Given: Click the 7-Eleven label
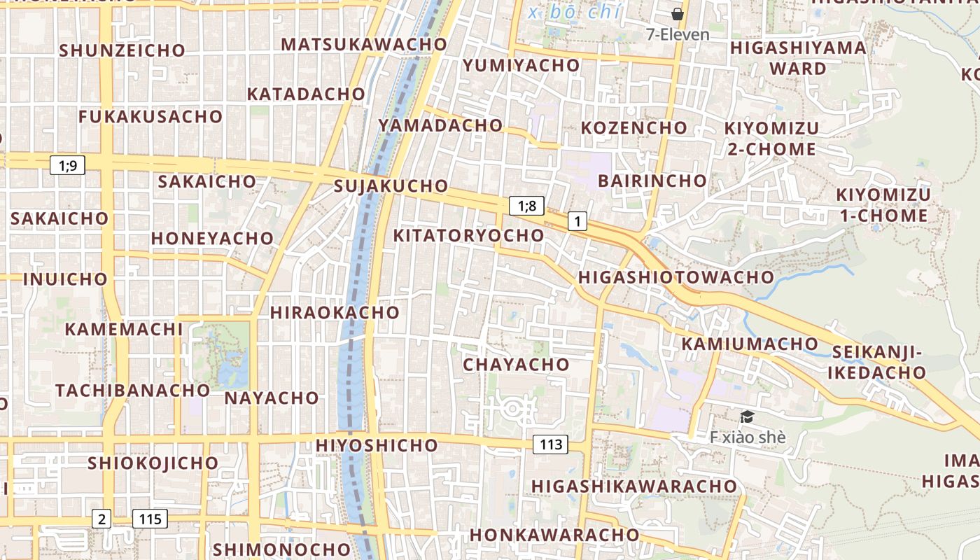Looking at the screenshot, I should [678, 34].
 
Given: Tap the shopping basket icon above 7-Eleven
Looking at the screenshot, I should [677, 13].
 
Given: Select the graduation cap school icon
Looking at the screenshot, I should [747, 417].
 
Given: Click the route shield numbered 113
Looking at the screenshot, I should [551, 444].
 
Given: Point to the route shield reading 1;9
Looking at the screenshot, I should [68, 165].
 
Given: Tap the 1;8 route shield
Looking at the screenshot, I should [526, 205].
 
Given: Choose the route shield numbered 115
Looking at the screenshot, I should [150, 519].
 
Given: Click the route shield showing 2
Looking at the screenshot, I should [102, 519].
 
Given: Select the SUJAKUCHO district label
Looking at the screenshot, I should [391, 186].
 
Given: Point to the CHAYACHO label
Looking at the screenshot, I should [517, 365].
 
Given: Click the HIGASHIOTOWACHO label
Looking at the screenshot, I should [676, 277].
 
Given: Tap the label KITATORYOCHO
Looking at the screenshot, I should [468, 235].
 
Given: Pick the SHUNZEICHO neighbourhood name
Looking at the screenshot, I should [122, 50].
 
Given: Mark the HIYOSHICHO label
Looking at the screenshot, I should [377, 445].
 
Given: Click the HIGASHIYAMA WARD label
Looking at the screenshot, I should [798, 58].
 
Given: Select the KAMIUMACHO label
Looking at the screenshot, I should [750, 344].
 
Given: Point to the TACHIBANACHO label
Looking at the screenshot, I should [133, 390].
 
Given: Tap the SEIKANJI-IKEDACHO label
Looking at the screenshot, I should [877, 362].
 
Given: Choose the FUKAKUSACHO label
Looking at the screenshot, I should [150, 117].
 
